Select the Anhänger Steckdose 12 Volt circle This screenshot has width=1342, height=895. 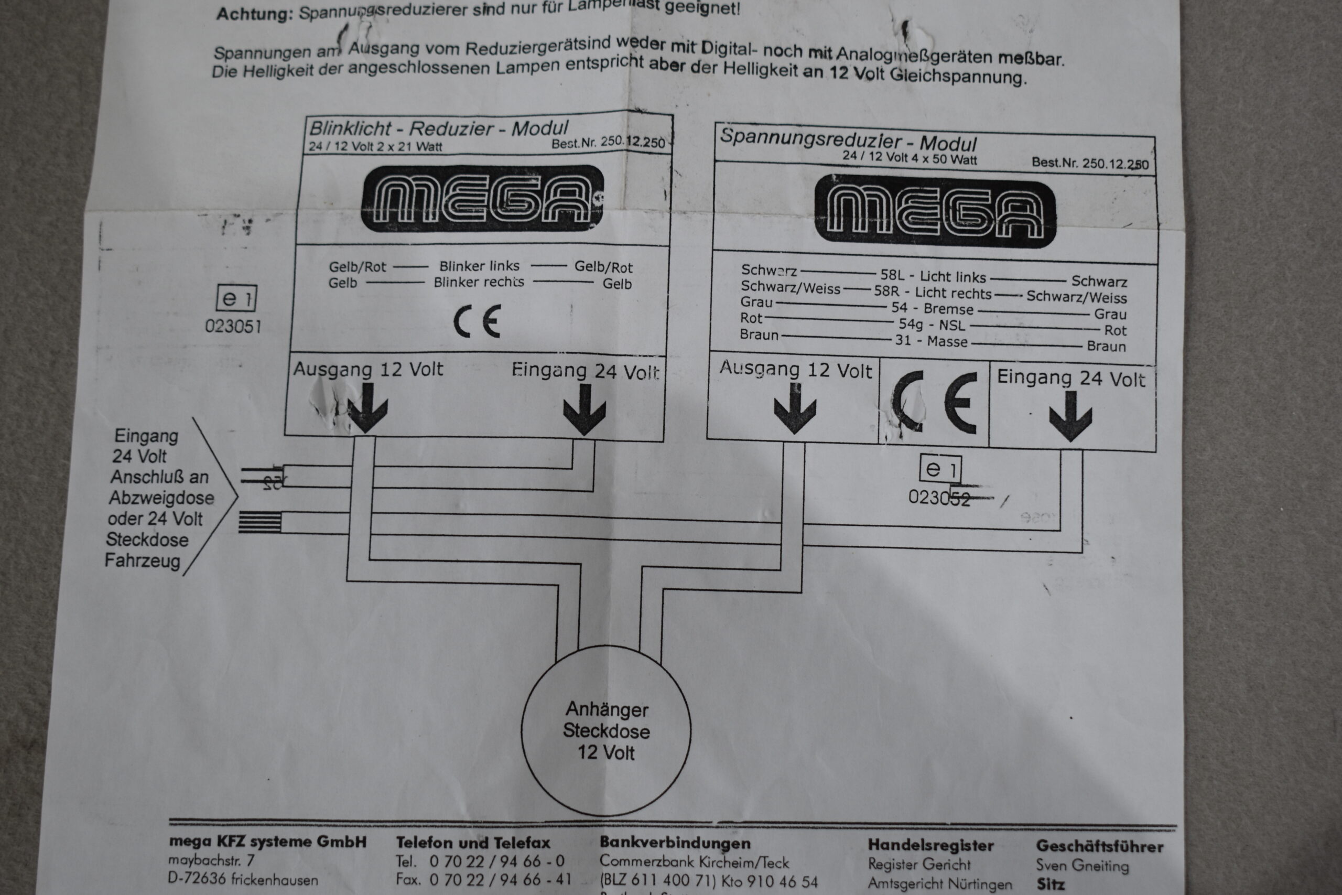pos(606,730)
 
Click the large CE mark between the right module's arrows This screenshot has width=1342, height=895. pos(934,402)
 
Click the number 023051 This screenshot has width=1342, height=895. pos(233,327)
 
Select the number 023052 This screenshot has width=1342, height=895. pos(938,498)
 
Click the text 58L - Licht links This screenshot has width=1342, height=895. pos(933,277)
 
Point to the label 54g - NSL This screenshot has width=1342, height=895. pos(931,325)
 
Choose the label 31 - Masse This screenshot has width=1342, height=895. pos(930,341)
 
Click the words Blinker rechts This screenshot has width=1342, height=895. pos(478,282)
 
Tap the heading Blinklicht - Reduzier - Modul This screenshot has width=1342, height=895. pos(438,128)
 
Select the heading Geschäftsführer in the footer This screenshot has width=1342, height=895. pos(1099,846)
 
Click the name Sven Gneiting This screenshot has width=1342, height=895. pos(1082,865)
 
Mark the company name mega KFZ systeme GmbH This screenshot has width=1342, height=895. pos(267,842)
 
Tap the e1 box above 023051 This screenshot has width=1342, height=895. pos(236,298)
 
